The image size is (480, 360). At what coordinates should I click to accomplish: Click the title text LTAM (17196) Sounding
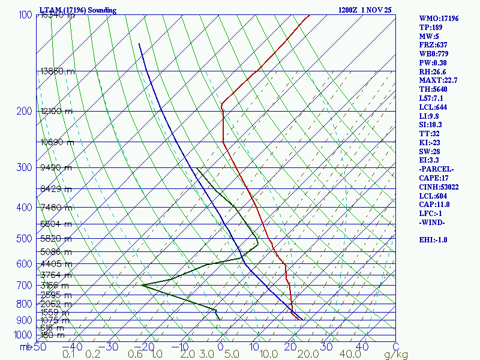point(78,10)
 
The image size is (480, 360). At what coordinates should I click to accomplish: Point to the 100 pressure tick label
point(25,14)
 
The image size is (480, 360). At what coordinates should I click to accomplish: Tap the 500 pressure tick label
point(25,239)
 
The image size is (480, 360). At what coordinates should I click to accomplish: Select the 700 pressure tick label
point(25,286)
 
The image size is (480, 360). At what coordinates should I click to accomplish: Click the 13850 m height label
point(58,71)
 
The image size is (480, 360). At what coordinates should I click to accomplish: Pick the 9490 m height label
point(55,167)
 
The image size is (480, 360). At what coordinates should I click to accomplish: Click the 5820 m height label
point(55,239)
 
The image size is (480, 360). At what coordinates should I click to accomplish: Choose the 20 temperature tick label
point(292,346)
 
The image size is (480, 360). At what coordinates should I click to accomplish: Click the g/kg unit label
point(396,355)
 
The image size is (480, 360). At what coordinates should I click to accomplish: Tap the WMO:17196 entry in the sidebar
point(439,19)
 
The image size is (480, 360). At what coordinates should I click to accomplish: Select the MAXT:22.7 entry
point(439,80)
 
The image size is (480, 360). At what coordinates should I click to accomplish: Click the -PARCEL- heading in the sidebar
point(436,169)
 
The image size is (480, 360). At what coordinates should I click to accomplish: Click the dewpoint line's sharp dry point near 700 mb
point(142,285)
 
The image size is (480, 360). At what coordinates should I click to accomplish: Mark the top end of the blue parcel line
point(139,43)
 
